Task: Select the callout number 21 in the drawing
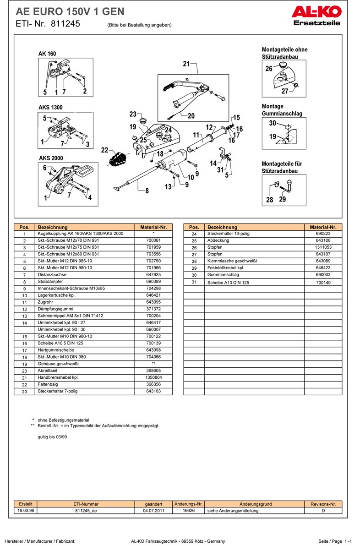pos(186,64)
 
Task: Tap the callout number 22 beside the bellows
pos(104,150)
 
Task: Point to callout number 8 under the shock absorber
pos(147,191)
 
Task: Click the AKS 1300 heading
pos(50,108)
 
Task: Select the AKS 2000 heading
pos(50,158)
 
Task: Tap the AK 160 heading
pos(47,54)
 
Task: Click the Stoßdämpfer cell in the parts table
pos(50,282)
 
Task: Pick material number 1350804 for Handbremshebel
pos(153,377)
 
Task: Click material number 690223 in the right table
pos(323,234)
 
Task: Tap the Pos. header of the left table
pos(25,227)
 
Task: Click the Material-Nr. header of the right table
pos(323,227)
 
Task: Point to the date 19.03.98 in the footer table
pos(26,511)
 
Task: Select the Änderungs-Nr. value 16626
pos(189,511)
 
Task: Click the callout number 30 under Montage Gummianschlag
pos(273,123)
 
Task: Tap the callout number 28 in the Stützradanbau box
pos(269,200)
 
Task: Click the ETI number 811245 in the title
pos(65,24)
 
